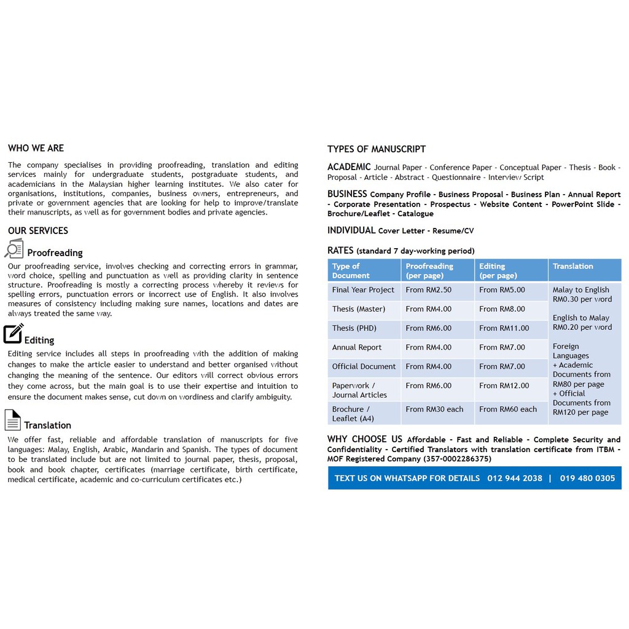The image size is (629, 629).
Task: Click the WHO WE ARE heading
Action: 36,148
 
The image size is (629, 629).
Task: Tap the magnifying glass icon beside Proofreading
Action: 14,249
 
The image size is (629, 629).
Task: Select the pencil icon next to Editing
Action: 13,334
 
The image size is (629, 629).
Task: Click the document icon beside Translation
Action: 12,420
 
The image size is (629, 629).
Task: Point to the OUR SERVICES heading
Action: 38,231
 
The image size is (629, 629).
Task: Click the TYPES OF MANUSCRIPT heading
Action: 376,149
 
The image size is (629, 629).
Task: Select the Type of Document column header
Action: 351,271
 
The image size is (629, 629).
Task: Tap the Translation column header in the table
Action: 572,267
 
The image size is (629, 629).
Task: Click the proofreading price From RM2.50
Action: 428,290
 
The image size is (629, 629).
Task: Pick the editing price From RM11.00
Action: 504,328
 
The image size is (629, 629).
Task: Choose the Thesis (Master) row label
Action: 359,309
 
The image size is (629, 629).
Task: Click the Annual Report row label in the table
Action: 357,348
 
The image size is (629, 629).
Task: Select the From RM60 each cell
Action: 507,409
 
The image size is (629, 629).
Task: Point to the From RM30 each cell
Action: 434,409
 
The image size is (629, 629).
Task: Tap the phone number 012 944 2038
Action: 515,479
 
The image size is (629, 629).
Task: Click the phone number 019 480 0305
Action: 587,479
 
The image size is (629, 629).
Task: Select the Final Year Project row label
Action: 363,290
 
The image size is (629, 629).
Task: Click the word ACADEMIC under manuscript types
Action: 349,167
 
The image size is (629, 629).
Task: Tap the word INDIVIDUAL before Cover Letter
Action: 351,230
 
